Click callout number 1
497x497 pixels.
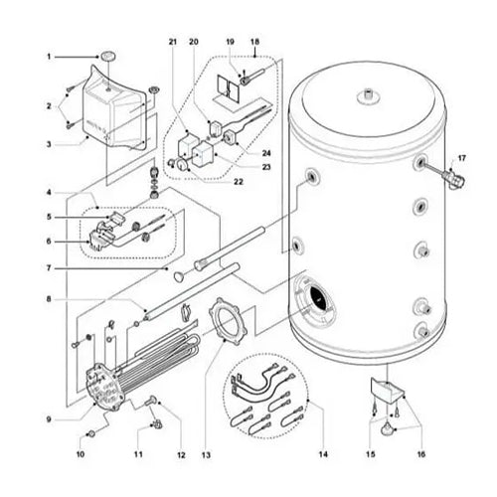coord(46,57)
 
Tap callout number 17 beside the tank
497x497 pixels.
coord(460,157)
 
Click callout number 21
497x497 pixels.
coord(171,42)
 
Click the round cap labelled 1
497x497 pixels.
coord(107,57)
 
